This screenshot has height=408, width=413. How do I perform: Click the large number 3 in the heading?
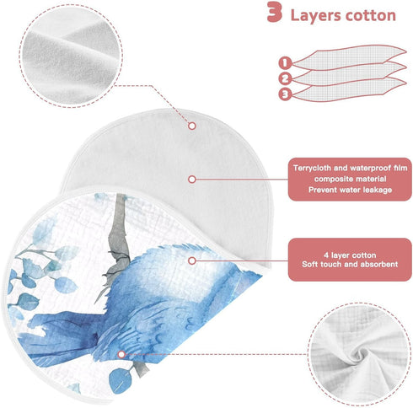point(274,12)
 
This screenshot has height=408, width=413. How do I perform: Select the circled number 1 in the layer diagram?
point(285,63)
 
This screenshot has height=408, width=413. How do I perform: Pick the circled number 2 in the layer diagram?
point(285,78)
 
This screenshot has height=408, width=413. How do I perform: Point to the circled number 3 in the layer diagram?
point(285,94)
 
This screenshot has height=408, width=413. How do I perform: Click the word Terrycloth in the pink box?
point(312,168)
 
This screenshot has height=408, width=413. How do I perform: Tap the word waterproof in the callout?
point(369,168)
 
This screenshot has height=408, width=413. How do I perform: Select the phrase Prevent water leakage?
point(350,190)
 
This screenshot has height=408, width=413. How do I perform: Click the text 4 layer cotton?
point(350,255)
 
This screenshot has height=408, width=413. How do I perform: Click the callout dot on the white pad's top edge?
point(192,126)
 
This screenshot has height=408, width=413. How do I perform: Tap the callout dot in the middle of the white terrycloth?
point(192,180)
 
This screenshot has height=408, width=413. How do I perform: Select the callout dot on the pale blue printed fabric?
point(192,260)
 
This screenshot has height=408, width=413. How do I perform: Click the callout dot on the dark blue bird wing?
point(121,354)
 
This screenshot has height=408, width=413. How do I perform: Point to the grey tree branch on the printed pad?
point(120,239)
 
